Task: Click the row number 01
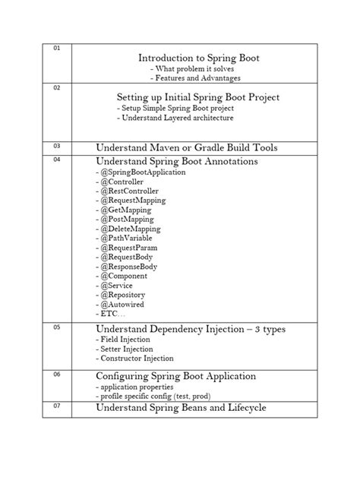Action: [56, 49]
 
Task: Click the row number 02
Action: [56, 88]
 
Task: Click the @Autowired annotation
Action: [122, 304]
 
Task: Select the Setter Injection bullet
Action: [125, 349]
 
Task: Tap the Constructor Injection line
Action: [134, 358]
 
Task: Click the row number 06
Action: [56, 374]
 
